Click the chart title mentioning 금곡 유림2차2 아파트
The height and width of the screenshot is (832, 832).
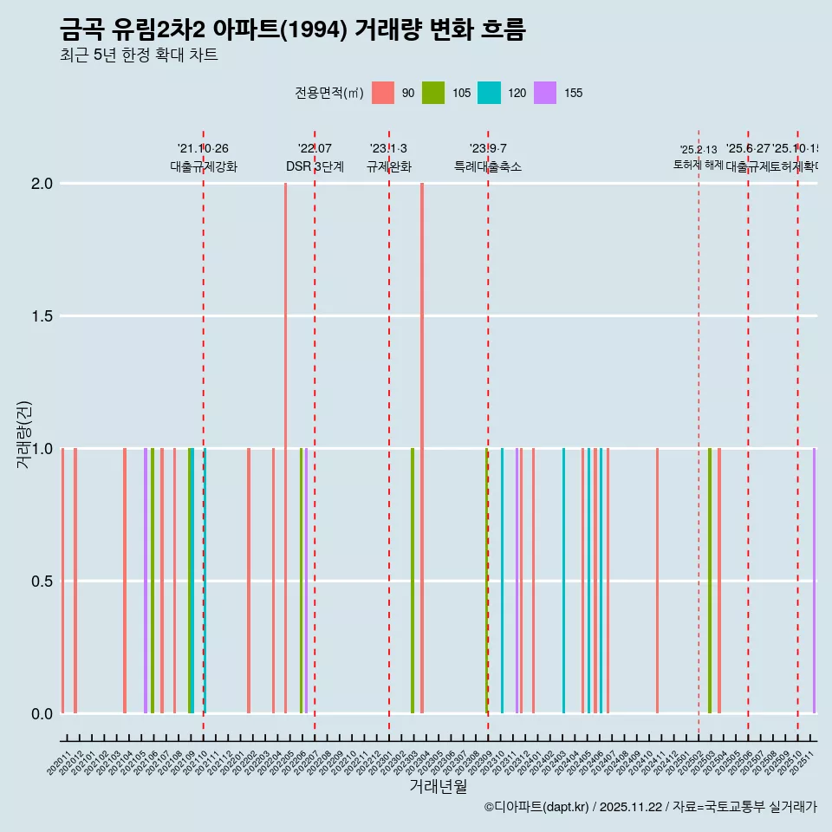pos(292,30)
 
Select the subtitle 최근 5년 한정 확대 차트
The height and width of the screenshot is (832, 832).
pos(139,55)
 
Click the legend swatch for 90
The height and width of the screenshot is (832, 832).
pos(382,93)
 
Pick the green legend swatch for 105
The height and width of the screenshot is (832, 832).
pos(433,93)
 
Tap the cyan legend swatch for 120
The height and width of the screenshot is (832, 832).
pos(489,93)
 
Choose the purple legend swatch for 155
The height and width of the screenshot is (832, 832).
pos(544,93)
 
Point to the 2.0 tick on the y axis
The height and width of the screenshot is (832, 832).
pos(42,184)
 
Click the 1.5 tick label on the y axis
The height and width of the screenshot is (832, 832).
pos(42,316)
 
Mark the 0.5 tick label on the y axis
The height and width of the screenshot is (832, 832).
pos(42,581)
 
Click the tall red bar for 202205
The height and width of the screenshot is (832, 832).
pos(285,447)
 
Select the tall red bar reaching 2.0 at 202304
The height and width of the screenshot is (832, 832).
pos(422,447)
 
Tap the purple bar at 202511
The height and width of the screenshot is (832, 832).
pos(814,581)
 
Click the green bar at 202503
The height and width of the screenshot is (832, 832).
pos(709,581)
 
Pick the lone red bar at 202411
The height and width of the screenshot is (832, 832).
pos(657,581)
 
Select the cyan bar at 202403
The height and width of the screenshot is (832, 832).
pos(563,581)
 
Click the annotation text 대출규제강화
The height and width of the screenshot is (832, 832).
pos(204,166)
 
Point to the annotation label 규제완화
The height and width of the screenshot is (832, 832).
pos(388,166)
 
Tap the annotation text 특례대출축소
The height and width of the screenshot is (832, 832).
pos(488,166)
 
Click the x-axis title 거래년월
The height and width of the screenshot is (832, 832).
pos(438,786)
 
